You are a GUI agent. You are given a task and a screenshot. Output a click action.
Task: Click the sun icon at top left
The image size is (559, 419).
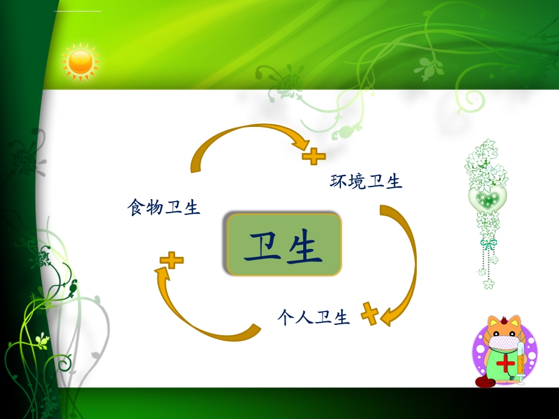click(x=80, y=62)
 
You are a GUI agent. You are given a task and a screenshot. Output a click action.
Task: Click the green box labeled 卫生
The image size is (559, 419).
click(x=283, y=244)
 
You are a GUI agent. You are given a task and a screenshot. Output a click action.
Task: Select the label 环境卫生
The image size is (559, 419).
click(x=366, y=181)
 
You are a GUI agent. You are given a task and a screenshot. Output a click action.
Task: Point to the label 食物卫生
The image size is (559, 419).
click(x=163, y=208)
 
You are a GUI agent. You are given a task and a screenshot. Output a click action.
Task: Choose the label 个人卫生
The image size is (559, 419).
click(x=314, y=317)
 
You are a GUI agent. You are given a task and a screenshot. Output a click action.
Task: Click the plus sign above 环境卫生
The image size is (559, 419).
click(x=314, y=157)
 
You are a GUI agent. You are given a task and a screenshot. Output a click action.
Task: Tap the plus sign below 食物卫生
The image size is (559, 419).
click(x=172, y=261)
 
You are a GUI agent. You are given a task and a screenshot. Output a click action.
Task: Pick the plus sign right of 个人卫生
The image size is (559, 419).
click(x=369, y=313)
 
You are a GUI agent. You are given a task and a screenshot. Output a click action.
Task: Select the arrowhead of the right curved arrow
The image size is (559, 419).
click(x=389, y=317)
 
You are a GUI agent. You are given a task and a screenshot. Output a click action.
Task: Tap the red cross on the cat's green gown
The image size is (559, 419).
click(x=505, y=364)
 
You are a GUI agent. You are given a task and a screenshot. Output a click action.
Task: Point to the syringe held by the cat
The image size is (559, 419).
click(x=520, y=362)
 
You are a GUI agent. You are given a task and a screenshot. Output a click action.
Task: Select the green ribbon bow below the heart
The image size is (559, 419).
click(x=488, y=244)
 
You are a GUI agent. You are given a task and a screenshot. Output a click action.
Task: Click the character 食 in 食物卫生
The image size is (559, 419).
click(x=135, y=208)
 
